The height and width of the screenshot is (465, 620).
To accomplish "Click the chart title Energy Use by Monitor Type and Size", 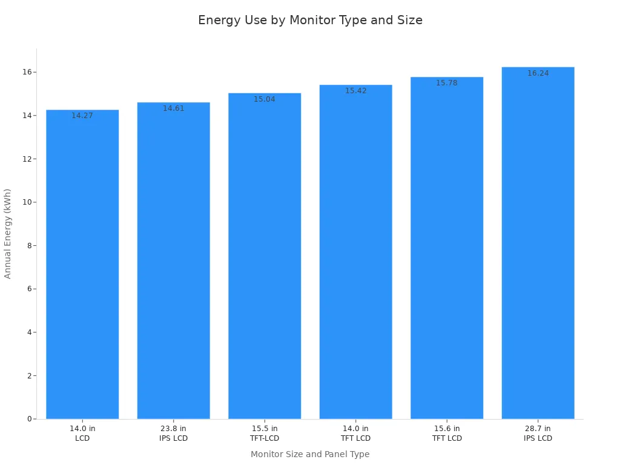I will pos(310,21).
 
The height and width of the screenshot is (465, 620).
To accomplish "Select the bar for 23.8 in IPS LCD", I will pos(173,260).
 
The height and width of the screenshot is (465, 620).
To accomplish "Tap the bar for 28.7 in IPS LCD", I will pos(538,242).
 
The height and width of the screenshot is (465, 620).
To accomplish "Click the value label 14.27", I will pos(82,116).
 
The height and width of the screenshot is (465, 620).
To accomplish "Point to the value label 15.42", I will pos(355,91).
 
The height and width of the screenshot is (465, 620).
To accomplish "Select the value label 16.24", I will pos(538,73).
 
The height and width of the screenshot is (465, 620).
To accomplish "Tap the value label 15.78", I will pos(447,83).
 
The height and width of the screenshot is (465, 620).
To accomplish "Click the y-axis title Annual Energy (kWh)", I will pos(8,233).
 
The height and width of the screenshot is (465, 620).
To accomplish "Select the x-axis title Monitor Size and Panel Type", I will pos(310,454).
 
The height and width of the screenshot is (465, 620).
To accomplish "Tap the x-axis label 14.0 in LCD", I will pos(82,434).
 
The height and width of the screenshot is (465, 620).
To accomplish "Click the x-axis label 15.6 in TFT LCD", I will pos(447,434).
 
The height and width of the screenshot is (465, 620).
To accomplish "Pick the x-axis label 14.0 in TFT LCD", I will pos(355,434).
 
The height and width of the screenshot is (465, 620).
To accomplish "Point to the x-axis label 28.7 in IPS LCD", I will pos(538,434).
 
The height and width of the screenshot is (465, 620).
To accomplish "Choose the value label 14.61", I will pos(173,108).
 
